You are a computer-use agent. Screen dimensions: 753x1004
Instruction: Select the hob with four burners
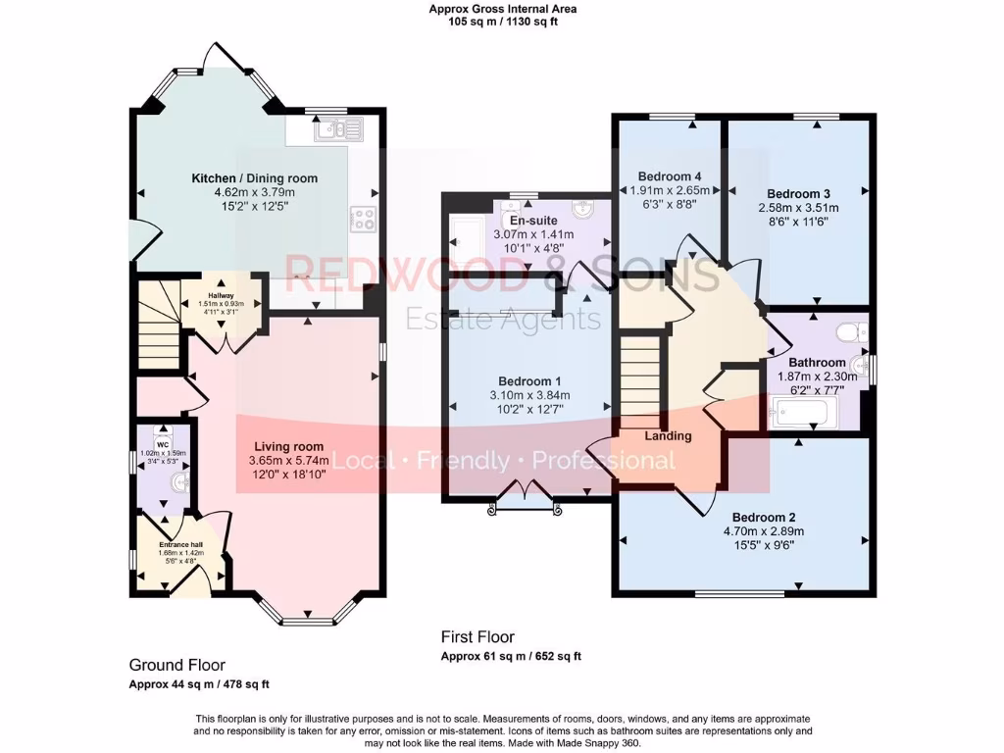[x=364, y=218]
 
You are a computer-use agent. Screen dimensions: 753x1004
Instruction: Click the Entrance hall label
[x=182, y=544]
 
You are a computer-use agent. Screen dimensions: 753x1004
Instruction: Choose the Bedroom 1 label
[x=529, y=381]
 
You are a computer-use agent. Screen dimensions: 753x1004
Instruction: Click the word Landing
[x=669, y=435]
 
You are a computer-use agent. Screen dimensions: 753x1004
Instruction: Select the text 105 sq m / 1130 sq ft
[x=502, y=22]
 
